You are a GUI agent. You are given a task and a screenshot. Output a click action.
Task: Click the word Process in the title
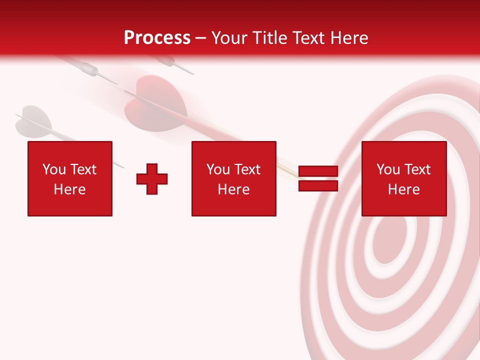[157, 38]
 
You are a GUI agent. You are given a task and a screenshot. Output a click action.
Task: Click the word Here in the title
[349, 38]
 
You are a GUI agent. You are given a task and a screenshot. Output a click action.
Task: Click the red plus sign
[152, 178]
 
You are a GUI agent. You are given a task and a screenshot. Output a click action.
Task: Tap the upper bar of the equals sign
[318, 171]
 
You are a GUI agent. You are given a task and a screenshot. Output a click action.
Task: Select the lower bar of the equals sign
[318, 185]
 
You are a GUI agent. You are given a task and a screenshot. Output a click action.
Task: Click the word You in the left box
[54, 169]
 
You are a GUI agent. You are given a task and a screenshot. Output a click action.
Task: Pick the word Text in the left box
[83, 169]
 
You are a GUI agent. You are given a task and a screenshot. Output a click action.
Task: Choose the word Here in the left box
[69, 189]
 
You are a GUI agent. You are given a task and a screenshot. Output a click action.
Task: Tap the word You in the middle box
[218, 169]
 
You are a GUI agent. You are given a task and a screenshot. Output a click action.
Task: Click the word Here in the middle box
[233, 189]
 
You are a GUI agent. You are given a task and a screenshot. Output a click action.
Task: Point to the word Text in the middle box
[247, 169]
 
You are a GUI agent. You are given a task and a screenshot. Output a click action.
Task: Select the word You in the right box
[388, 169]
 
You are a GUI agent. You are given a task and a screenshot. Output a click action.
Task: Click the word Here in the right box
[403, 189]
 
